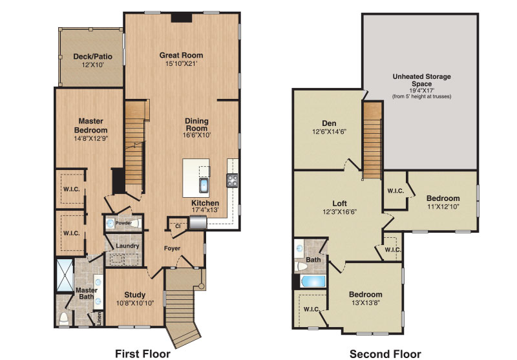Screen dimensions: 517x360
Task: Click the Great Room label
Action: [181, 55]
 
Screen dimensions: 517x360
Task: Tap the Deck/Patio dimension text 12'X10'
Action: [92, 65]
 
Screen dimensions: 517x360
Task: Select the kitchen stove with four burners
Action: [232, 180]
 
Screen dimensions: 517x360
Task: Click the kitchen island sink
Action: [204, 185]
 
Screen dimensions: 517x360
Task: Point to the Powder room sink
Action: [110, 224]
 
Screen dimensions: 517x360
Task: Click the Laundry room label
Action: [127, 246]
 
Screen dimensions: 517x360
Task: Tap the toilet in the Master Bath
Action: [64, 319]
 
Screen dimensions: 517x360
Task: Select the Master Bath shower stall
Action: [65, 275]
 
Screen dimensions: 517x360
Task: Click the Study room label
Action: [135, 295]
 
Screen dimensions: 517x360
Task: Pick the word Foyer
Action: [172, 248]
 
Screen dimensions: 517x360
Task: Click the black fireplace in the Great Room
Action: [182, 17]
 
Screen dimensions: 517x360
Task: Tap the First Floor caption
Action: [143, 354]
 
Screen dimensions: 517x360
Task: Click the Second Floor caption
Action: [385, 354]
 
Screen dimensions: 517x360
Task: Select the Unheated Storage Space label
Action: [422, 80]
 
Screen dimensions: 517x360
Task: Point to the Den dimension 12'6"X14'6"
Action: [330, 132]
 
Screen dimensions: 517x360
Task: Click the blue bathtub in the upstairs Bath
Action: [313, 282]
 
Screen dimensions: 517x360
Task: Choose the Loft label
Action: [340, 204]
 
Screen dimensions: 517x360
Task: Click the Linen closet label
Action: [100, 319]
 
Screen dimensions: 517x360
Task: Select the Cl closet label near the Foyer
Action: [178, 226]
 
